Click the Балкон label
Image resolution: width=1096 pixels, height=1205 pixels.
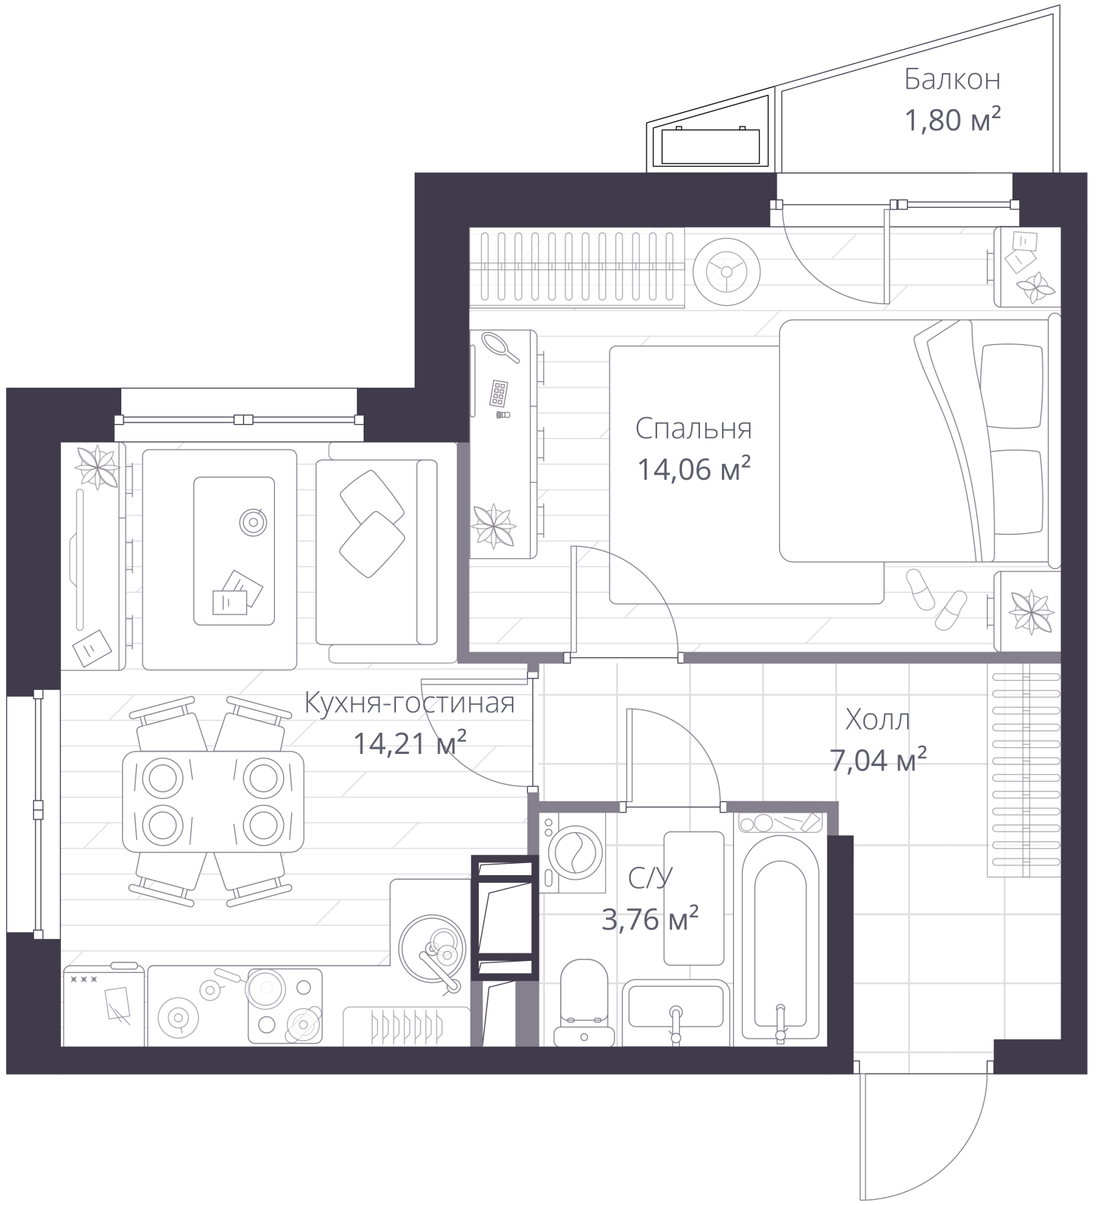[952, 78]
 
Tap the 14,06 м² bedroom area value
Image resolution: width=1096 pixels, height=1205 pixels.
[694, 469]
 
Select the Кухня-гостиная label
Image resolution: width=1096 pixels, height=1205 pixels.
[409, 703]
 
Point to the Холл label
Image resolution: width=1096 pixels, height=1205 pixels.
[878, 719]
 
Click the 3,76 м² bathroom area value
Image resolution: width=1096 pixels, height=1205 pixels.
[650, 919]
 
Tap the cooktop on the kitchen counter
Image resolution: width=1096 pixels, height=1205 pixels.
[285, 1006]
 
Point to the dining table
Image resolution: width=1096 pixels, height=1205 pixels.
[214, 801]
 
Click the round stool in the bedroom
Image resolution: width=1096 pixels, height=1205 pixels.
[726, 273]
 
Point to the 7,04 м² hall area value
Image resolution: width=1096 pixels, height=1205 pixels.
[878, 761]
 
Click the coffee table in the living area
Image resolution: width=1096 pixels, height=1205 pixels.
[234, 551]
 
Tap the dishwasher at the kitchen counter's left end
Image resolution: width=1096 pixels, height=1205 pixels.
[103, 1006]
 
